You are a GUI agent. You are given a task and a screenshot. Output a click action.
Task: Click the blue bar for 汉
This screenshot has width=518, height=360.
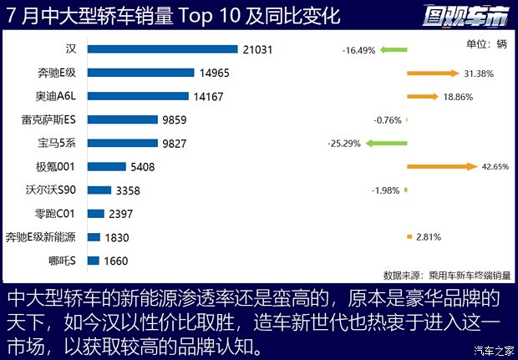tap(163, 50)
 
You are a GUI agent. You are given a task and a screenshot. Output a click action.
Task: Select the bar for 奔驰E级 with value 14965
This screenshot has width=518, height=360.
tap(140, 74)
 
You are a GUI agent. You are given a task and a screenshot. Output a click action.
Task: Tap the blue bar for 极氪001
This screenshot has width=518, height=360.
tap(106, 167)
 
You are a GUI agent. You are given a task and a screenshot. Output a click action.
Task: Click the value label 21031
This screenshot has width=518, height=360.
tap(258, 50)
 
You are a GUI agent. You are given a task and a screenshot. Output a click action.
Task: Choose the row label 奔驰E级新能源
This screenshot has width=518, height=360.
tap(40, 237)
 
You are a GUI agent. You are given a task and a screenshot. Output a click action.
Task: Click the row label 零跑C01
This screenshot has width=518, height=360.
tap(55, 214)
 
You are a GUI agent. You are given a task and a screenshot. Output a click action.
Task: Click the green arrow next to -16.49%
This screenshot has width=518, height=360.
tap(393, 50)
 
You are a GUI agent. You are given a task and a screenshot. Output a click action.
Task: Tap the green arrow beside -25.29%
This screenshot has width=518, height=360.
tap(386, 144)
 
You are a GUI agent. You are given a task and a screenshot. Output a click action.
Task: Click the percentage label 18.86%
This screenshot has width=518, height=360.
tap(459, 97)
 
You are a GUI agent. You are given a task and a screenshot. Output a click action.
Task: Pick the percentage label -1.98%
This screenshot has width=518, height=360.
tap(386, 190)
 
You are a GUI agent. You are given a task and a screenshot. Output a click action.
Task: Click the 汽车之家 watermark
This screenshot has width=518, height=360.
tap(493, 350)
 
